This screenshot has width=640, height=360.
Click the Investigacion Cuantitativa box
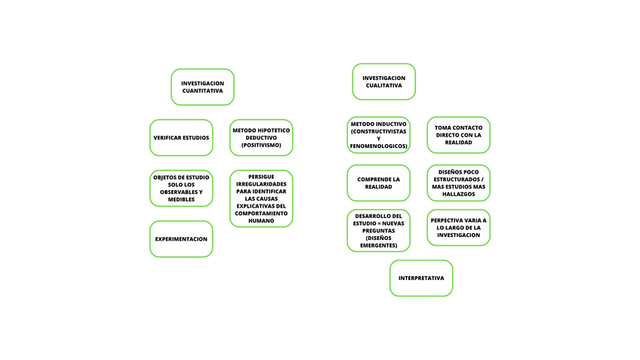pyautogui.click(x=202, y=87)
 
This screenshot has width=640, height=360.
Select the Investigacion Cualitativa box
pyautogui.click(x=383, y=82)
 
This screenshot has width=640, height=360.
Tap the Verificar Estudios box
pyautogui.click(x=181, y=138)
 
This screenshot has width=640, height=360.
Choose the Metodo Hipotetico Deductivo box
pyautogui.click(x=261, y=137)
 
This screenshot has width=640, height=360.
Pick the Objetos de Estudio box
pyautogui.click(x=181, y=188)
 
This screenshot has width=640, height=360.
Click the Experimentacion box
pyautogui.click(x=181, y=238)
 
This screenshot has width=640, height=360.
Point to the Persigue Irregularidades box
pyautogui.click(x=261, y=198)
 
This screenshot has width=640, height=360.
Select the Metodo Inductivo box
pyautogui.click(x=378, y=134)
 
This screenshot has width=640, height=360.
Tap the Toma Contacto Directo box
pyautogui.click(x=458, y=135)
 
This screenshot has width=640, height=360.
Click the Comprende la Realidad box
pyautogui.click(x=378, y=183)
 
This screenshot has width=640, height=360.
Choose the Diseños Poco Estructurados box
pyautogui.click(x=458, y=183)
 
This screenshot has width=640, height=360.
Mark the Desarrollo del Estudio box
pyautogui.click(x=378, y=230)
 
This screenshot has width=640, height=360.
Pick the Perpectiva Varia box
pyautogui.click(x=458, y=227)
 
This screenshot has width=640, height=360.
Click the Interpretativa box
pyautogui.click(x=421, y=278)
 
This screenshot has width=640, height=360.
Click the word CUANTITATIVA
pyautogui.click(x=202, y=91)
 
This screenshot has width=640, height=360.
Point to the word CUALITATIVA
pyautogui.click(x=383, y=86)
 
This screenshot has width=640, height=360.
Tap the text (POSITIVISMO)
pyautogui.click(x=261, y=145)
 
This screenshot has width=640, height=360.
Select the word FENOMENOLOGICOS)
pyautogui.click(x=378, y=146)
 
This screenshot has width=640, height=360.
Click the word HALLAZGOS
pyautogui.click(x=458, y=194)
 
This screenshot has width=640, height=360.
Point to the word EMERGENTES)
pyautogui.click(x=378, y=245)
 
